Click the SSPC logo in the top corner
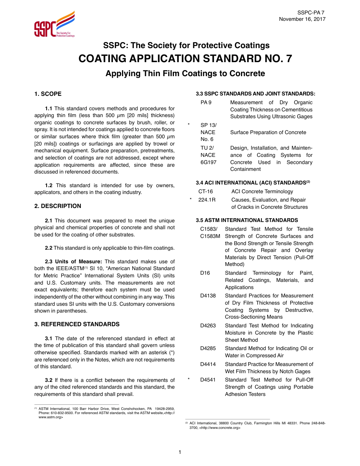54,25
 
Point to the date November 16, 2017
302,19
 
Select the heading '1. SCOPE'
48,94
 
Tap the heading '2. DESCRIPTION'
58,206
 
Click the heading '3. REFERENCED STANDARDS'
77,324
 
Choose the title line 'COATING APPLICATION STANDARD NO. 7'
185,59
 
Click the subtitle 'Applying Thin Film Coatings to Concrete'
185,73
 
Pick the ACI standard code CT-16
206,192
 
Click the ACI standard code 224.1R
207,200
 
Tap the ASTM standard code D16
205,273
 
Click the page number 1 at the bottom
180,452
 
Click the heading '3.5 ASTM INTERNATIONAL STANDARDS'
247,220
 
